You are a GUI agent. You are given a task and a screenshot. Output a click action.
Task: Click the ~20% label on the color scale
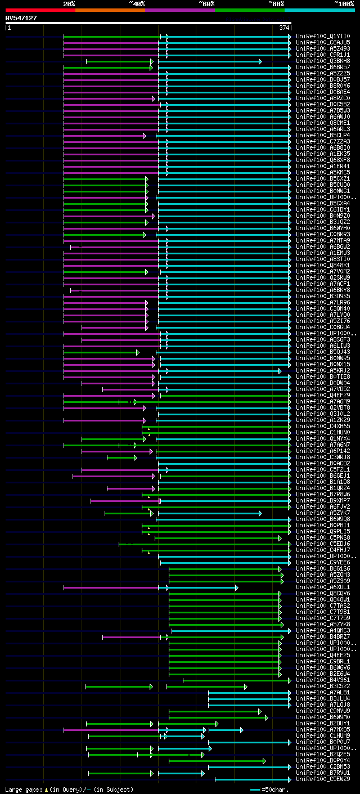69,4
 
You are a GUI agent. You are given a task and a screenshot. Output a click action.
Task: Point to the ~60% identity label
206,4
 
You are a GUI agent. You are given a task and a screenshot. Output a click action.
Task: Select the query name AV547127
21,18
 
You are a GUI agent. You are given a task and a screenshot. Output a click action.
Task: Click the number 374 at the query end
284,28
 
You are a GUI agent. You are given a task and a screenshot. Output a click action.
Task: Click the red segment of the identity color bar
40,10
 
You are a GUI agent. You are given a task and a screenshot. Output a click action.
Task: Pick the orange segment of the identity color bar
110,10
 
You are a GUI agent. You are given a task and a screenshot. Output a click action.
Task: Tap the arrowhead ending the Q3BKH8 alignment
260,61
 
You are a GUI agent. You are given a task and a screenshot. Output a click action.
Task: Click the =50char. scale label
274,789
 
